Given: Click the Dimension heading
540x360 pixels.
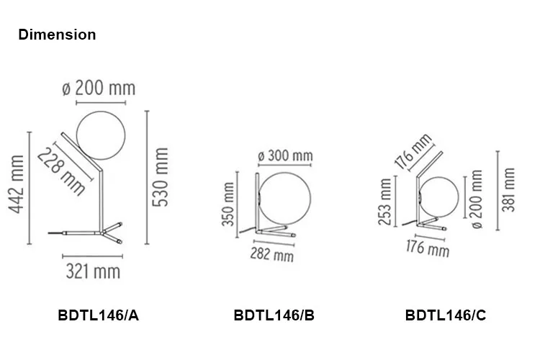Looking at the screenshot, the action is (x=57, y=35).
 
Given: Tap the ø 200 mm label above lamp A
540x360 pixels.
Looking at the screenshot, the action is (x=99, y=88).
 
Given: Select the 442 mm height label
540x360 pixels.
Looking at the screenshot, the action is (x=17, y=184).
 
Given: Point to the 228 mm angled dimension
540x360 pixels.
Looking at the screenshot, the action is (x=61, y=171).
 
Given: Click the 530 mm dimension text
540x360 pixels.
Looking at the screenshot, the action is (x=161, y=177).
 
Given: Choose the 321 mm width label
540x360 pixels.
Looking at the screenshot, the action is (x=93, y=271).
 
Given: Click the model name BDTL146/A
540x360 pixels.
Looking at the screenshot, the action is (x=98, y=315).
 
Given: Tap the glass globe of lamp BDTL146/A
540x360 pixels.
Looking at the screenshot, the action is (x=101, y=135).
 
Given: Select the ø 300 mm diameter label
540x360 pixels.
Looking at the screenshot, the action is (x=285, y=156).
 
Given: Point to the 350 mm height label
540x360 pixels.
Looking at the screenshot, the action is (x=228, y=204).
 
